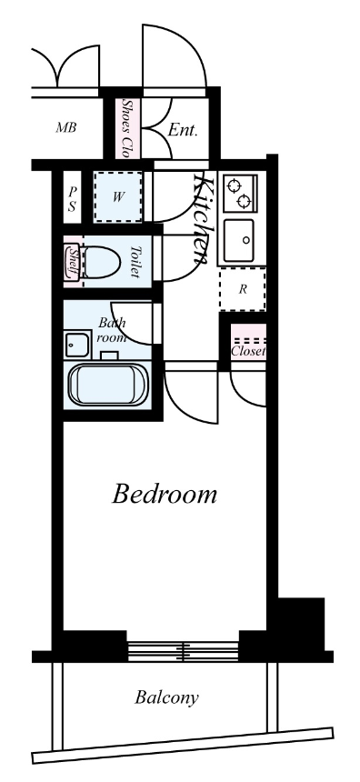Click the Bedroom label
164,495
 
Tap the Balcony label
166,697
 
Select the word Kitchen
203,218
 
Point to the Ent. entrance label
183,131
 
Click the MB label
65,127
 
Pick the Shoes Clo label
127,128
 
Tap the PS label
73,198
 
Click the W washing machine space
117,197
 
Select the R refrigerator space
243,289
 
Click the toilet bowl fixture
101,261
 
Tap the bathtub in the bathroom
108,385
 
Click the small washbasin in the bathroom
77,344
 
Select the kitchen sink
238,240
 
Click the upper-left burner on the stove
233,186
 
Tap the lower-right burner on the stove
244,202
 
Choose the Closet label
248,352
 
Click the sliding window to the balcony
183,651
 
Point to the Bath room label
112,330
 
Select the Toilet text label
135,261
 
